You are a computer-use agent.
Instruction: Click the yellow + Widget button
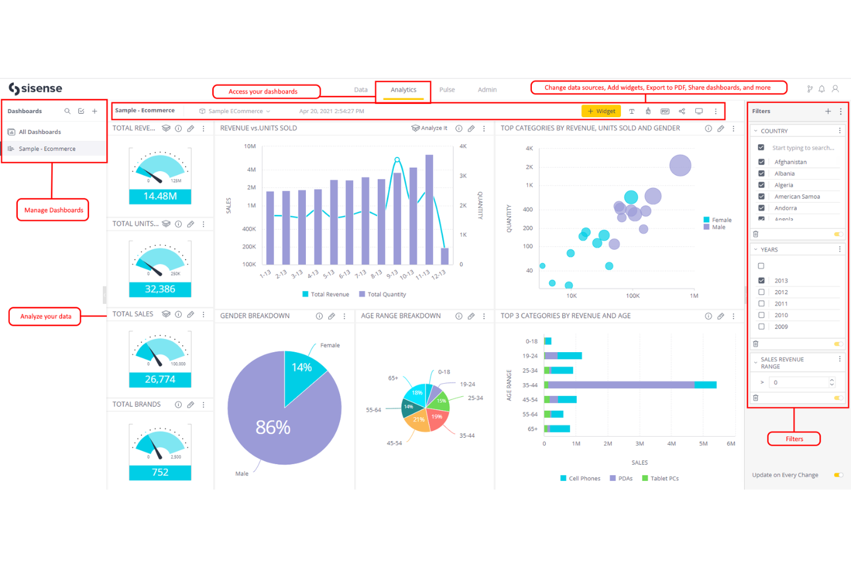click(601, 111)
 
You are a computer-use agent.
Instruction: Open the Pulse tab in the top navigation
click(447, 90)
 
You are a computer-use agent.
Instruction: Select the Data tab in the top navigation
click(361, 90)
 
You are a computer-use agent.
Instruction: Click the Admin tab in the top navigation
click(487, 90)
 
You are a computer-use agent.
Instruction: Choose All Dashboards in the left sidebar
click(40, 132)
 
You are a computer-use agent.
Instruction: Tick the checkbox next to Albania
click(761, 173)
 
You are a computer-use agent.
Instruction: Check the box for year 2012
click(761, 292)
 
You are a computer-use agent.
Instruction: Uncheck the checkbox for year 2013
click(761, 281)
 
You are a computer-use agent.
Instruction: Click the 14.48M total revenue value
click(160, 196)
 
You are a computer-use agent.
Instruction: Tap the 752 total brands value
click(160, 472)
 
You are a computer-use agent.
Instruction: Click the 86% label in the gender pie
click(273, 427)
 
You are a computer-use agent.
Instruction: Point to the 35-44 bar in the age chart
click(630, 385)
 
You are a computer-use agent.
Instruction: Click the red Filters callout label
click(794, 439)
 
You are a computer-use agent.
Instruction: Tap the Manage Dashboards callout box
click(53, 210)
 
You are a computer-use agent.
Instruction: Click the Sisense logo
click(36, 88)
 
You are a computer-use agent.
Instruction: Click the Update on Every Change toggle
click(838, 475)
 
